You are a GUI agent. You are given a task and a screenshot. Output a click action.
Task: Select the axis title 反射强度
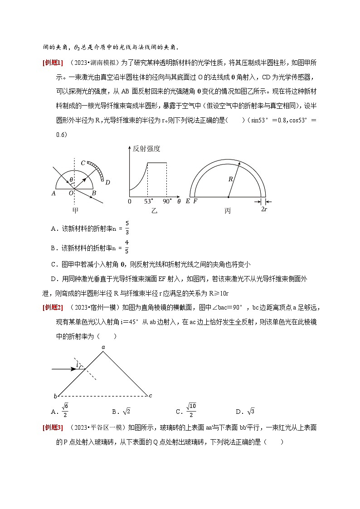click(146, 149)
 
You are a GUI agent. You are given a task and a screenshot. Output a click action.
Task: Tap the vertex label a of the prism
click(103, 347)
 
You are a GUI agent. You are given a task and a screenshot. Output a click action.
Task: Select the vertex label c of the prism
click(151, 396)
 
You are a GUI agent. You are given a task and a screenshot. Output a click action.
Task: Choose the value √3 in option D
click(251, 412)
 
